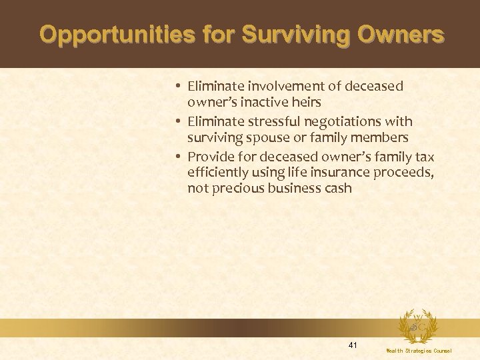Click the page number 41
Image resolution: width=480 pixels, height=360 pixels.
point(353,345)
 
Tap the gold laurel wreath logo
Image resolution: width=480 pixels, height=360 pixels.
point(418,327)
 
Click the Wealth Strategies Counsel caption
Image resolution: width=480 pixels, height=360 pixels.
point(419,351)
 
